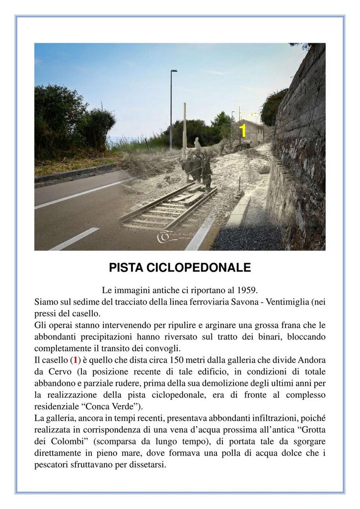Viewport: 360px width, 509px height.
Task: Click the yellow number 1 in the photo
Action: tap(243, 131)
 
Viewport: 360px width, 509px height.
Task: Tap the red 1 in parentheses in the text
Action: tap(75, 360)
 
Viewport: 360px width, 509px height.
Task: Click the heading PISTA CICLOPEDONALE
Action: tap(180, 268)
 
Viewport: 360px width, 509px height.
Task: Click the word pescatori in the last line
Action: tap(54, 465)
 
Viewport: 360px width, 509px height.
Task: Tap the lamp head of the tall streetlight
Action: tap(174, 71)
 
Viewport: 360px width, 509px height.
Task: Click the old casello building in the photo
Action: tap(251, 133)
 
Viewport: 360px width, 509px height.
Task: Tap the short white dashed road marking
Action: tap(74, 239)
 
